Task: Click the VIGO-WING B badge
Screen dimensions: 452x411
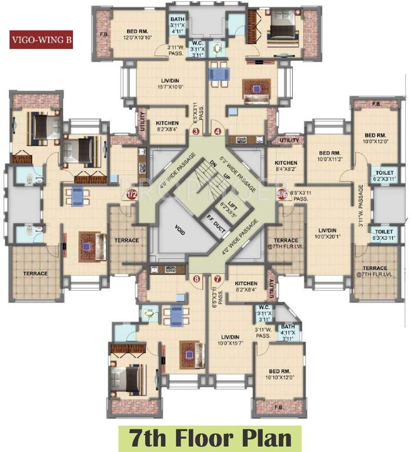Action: [x=41, y=41]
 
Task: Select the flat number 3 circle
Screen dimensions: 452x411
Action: [x=196, y=132]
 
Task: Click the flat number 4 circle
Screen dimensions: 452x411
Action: [x=218, y=132]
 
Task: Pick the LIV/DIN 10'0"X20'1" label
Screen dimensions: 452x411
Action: [x=326, y=232]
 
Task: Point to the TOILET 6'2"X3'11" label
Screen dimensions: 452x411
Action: [x=382, y=175]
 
